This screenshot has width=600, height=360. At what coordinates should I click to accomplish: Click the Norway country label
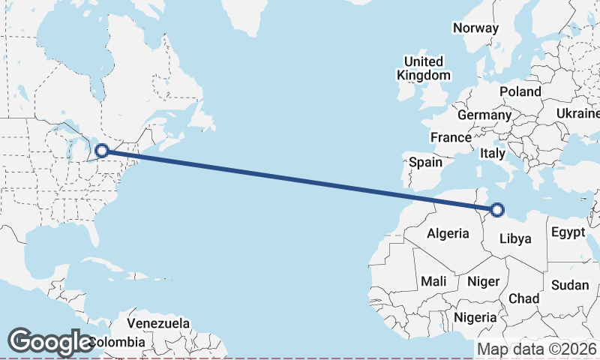click(x=475, y=28)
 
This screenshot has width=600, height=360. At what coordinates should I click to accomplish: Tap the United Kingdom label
click(x=424, y=68)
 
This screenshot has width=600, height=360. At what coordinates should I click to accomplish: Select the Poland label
click(x=520, y=91)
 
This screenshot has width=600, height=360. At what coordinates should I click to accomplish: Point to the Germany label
click(x=484, y=115)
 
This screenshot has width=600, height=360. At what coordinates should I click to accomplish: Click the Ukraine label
click(x=577, y=113)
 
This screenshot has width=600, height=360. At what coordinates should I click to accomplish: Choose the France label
click(x=451, y=138)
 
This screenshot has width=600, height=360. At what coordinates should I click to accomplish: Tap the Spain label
click(x=425, y=162)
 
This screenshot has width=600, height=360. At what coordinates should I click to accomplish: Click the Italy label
click(x=493, y=153)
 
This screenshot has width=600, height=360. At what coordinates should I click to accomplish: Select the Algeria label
click(x=448, y=234)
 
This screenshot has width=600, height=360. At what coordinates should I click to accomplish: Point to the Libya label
click(x=515, y=239)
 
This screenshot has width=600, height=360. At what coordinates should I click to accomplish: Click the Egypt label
click(x=568, y=232)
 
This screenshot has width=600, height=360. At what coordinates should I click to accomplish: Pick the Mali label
click(x=433, y=281)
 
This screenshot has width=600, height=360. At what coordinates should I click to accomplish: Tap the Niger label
click(x=483, y=281)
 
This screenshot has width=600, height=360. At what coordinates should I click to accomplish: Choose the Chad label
click(x=523, y=298)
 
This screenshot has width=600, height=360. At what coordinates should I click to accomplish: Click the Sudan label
click(x=570, y=285)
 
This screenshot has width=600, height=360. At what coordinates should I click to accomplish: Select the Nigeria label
click(x=475, y=317)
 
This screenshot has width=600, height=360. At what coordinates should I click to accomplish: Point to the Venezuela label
click(x=157, y=324)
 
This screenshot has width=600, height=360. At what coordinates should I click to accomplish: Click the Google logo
click(x=50, y=342)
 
